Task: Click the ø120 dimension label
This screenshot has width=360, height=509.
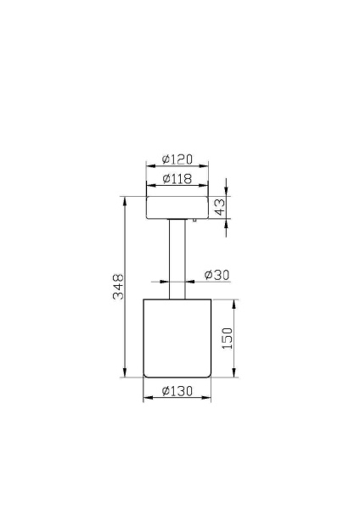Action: click(x=177, y=159)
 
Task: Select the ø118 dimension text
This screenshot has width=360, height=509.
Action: click(x=177, y=179)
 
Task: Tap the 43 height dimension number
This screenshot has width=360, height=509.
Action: click(x=220, y=208)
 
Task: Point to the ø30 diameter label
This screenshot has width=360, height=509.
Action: click(x=217, y=275)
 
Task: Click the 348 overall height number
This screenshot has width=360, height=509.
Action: click(x=119, y=286)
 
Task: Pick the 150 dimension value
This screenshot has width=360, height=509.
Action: click(x=227, y=338)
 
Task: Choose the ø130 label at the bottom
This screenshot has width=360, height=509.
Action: click(x=177, y=391)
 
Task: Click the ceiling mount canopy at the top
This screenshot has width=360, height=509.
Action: click(x=177, y=208)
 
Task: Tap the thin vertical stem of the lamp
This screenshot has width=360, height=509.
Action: click(x=177, y=259)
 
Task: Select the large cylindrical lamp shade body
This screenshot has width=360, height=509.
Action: click(x=177, y=338)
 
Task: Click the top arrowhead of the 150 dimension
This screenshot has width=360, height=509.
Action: click(x=234, y=303)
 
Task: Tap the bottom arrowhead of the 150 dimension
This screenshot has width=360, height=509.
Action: click(x=234, y=373)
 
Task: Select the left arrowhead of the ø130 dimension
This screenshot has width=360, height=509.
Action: click(x=146, y=399)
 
